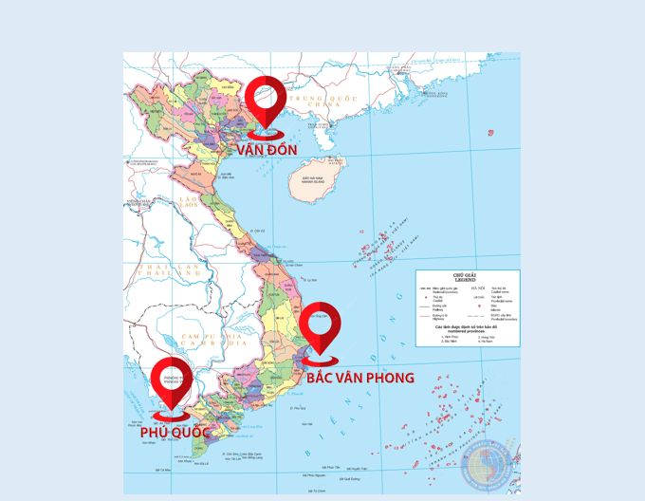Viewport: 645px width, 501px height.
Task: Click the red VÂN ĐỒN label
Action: coord(267,150)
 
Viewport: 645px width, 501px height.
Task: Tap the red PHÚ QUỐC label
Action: coord(175,433)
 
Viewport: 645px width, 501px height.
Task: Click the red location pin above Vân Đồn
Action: coord(267,103)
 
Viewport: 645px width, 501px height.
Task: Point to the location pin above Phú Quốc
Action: coord(172,383)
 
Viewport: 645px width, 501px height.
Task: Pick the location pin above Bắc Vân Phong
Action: coord(322,328)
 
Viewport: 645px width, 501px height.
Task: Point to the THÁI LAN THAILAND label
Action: coord(162,270)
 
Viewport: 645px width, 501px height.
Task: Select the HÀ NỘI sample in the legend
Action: coord(476,288)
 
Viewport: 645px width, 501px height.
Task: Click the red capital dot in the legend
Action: coord(426,298)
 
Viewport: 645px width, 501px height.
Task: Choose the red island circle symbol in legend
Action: coord(480,306)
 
